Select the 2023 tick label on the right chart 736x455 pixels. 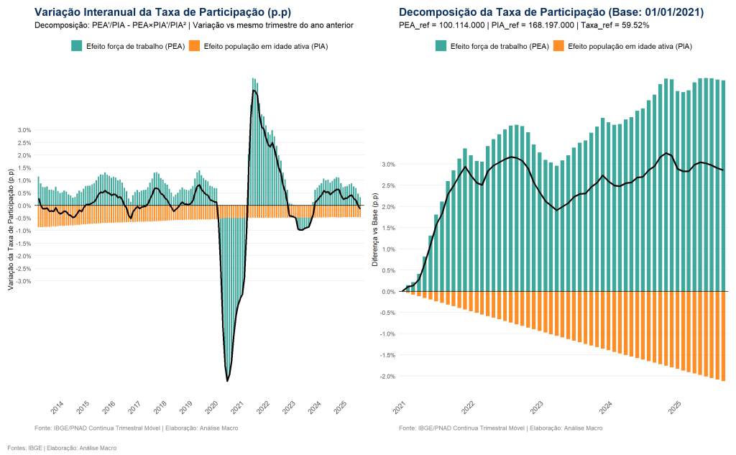537,408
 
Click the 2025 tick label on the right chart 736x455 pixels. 675,408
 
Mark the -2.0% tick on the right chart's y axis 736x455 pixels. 386,377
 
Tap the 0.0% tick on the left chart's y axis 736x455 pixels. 24,206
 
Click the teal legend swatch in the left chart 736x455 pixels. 76,46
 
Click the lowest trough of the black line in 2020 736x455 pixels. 227,380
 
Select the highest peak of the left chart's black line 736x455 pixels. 254,90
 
